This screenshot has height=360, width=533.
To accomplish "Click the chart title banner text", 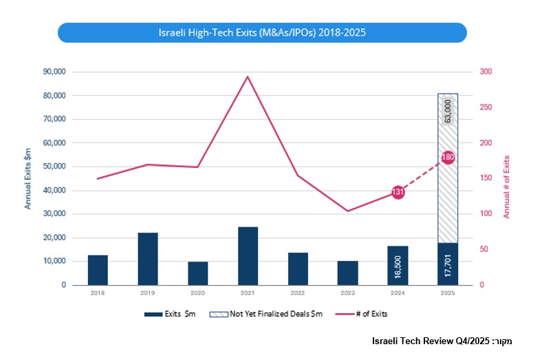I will (x=262, y=32).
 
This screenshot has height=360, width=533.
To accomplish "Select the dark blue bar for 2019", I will (x=148, y=259).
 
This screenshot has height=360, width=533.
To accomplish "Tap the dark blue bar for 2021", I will (x=248, y=255).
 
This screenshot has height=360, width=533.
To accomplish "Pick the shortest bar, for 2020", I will (x=198, y=273).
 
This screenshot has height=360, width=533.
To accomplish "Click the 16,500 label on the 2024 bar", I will (x=398, y=266).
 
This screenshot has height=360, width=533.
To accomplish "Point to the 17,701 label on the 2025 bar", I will (x=448, y=265).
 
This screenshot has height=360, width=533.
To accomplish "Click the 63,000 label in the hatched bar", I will (x=448, y=111).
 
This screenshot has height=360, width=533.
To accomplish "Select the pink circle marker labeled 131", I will (x=398, y=192).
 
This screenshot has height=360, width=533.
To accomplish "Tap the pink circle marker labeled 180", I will (x=448, y=158).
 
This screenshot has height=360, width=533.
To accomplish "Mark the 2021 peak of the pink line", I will (x=248, y=76).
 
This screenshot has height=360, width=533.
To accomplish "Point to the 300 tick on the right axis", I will (x=486, y=72).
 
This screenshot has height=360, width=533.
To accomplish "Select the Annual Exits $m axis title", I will (x=28, y=178).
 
